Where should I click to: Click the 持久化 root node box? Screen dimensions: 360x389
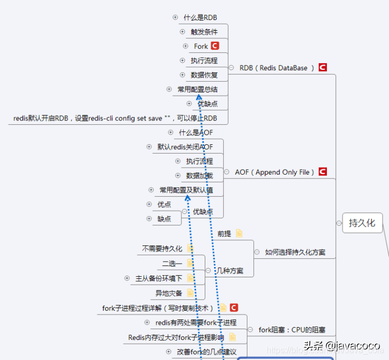pos(362,223)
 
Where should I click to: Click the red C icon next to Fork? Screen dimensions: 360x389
pos(215,46)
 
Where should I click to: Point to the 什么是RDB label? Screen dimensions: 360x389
pos(200,18)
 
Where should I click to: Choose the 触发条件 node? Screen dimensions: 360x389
pos(204,32)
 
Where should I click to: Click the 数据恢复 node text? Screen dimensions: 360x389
pos(204,75)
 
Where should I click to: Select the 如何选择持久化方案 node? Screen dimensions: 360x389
pos(295,252)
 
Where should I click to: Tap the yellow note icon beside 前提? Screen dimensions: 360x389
pos(239,234)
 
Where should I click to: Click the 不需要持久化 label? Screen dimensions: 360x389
pos(162,249)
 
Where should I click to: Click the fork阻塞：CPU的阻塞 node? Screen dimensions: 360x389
pos(292,330)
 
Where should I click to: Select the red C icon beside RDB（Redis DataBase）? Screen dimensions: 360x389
pos(323,68)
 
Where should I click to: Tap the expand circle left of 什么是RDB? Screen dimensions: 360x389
pos(175,17)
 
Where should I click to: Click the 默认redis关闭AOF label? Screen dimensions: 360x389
pos(185,147)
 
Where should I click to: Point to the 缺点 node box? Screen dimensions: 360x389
pos(164,219)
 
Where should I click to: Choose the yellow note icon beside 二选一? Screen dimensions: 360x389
pos(190,263)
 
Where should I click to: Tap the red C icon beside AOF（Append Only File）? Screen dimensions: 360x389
pos(323,172)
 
